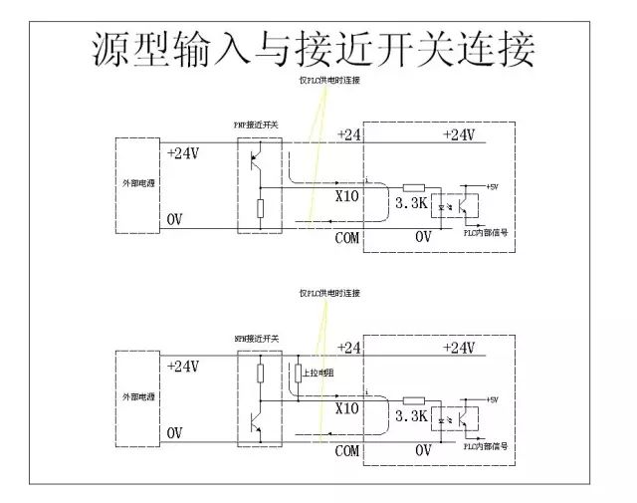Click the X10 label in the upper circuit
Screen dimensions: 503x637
[346, 195]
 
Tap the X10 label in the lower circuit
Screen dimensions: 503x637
[346, 408]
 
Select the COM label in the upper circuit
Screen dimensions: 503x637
[346, 238]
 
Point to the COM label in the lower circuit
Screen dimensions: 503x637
[346, 451]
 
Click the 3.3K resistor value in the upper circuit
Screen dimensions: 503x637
[411, 203]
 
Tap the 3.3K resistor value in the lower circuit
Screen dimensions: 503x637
[411, 415]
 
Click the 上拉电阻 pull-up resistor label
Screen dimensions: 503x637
[317, 372]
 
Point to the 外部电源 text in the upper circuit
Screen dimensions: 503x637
[136, 185]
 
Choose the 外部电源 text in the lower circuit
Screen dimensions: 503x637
[136, 396]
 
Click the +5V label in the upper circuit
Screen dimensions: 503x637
[495, 185]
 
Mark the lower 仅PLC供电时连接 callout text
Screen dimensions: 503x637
[329, 293]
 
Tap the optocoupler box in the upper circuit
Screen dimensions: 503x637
[461, 203]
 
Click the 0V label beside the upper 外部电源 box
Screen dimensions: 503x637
[175, 219]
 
